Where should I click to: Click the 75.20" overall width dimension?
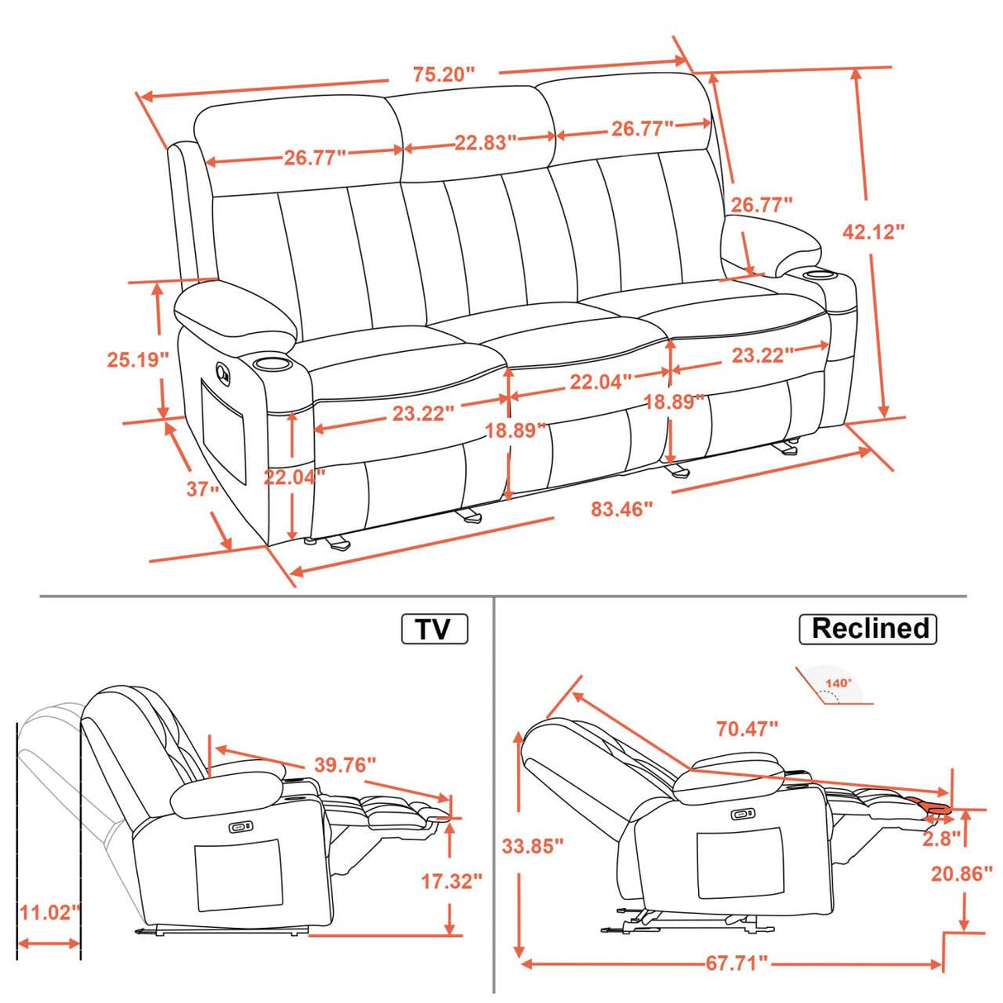tap(444, 74)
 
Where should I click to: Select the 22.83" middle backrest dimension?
tap(485, 142)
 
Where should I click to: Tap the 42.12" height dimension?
tap(873, 231)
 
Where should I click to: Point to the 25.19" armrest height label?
tap(137, 359)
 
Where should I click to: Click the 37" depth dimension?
tap(202, 489)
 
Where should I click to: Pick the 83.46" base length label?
tap(621, 509)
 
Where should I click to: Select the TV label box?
tap(435, 629)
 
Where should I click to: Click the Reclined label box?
tap(868, 629)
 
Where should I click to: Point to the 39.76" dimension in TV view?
tap(345, 765)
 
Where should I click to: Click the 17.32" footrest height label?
tap(451, 881)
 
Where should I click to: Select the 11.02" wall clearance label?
tap(50, 912)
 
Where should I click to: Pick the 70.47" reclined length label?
tap(747, 729)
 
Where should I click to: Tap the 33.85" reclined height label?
tap(533, 845)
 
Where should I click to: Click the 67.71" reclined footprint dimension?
tap(736, 963)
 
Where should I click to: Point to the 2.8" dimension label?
tap(941, 838)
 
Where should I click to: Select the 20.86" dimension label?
tap(961, 873)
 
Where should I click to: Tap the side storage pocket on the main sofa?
tap(225, 430)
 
